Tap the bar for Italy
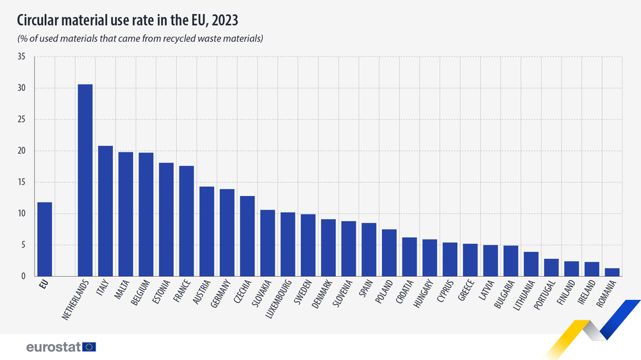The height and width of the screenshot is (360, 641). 105,211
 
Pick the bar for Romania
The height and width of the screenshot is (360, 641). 612,272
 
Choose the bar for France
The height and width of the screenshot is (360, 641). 187,221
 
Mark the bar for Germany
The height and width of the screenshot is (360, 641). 227,233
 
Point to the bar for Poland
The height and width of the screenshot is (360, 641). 389,252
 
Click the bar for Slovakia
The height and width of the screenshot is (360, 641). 267,243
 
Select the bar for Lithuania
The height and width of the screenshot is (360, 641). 531,264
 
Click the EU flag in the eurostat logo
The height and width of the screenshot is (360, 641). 89,347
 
